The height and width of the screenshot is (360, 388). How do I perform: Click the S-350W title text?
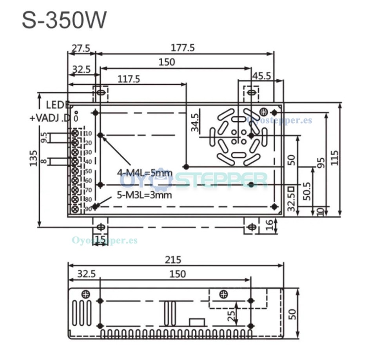coord(64,20)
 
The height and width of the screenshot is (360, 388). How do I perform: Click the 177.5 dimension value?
coord(183,47)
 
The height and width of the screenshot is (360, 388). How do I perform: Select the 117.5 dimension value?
coord(129,79)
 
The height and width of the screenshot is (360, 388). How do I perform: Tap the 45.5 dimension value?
coord(261,76)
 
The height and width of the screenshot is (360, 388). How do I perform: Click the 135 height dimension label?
coord(34,158)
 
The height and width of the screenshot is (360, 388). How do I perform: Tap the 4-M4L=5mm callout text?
coord(145,173)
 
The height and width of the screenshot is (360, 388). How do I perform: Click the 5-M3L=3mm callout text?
coord(145,195)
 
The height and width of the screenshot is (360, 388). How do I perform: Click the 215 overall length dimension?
coord(173,260)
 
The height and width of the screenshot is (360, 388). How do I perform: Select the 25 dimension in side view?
coord(231,314)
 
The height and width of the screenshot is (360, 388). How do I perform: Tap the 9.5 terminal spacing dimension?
coord(44,138)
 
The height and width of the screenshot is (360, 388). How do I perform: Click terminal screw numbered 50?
coord(75,171)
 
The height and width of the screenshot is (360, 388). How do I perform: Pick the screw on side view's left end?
coord(85,294)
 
